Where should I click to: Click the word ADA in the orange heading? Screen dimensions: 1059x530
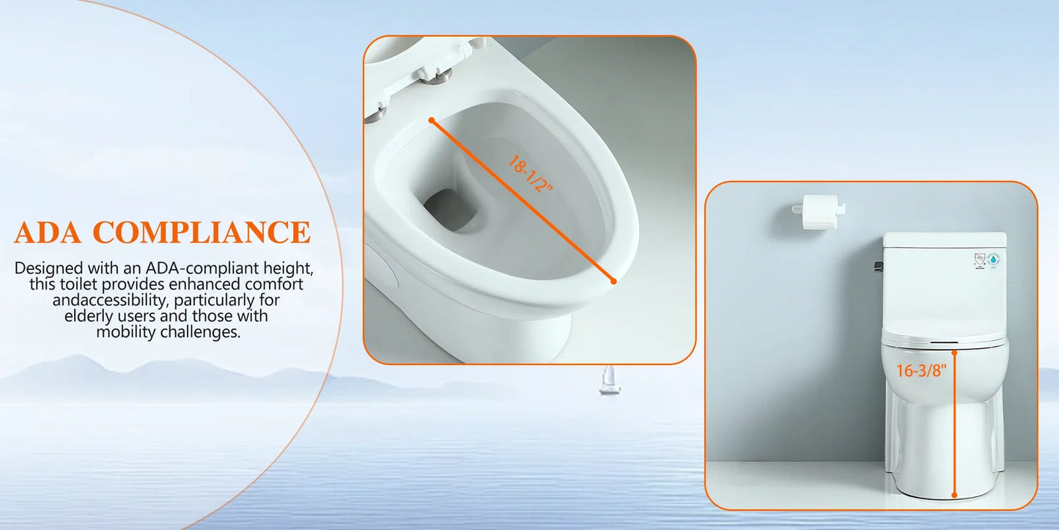point(48,232)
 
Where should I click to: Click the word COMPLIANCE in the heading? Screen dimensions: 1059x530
point(202,232)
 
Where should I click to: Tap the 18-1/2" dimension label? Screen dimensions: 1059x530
point(530,174)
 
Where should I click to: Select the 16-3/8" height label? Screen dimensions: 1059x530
point(921,371)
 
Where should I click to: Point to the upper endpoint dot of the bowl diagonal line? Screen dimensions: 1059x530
point(431,120)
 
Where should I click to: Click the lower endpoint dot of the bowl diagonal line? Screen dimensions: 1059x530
point(613,281)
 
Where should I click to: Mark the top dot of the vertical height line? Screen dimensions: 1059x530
point(954,353)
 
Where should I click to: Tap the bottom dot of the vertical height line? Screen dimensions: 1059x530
point(954,495)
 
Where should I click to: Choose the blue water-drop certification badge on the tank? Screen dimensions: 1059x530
point(993,260)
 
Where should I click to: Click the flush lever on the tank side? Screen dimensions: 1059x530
point(878,267)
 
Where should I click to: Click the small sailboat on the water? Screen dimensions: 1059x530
point(610,380)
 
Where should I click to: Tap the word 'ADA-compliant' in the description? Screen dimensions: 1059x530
point(202,268)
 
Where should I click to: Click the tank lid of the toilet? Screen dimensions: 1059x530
point(945,240)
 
